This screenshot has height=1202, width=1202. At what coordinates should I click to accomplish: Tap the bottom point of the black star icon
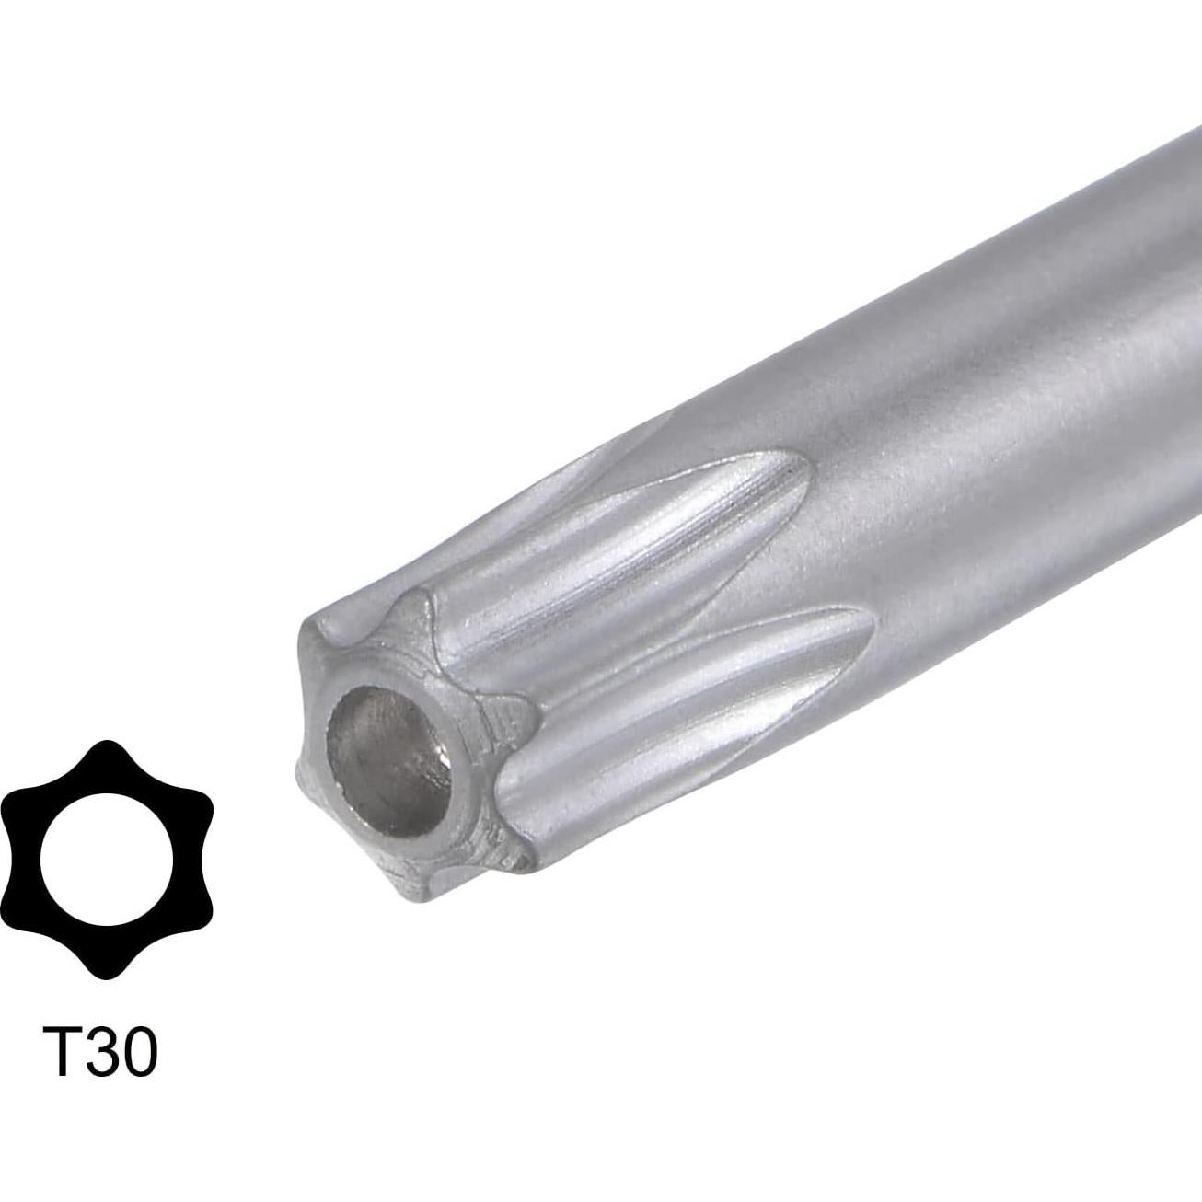(x=108, y=971)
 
